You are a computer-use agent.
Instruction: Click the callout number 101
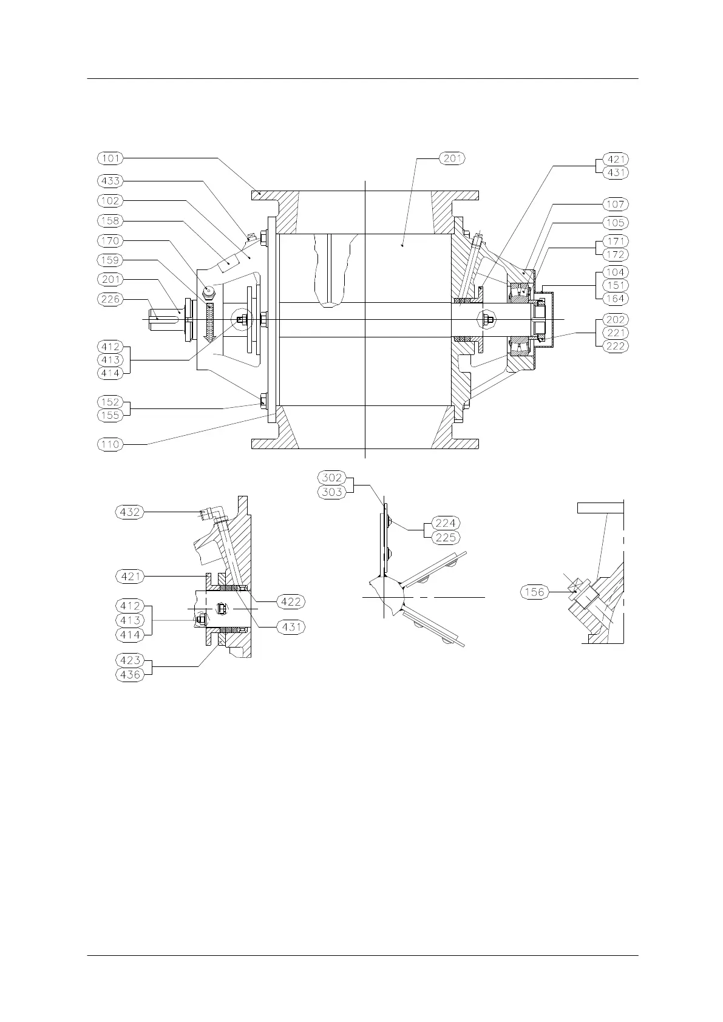110,158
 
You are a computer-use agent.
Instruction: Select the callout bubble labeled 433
110,181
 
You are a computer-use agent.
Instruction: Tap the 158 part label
110,221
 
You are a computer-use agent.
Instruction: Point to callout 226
110,299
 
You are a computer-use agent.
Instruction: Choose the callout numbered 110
110,444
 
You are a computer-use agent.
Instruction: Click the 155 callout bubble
110,416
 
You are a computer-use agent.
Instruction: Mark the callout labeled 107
615,205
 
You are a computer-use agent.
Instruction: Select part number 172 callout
615,255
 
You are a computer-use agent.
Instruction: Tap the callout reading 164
615,299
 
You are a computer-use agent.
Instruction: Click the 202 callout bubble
615,319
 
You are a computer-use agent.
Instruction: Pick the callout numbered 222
615,346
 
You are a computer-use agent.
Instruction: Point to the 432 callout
130,512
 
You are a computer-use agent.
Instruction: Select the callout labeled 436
130,674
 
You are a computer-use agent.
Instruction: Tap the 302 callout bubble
332,478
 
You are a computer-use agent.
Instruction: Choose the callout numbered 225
446,538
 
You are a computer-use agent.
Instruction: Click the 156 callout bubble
535,592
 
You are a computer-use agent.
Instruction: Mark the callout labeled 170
110,241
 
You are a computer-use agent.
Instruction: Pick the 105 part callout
615,223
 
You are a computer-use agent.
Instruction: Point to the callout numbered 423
130,660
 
